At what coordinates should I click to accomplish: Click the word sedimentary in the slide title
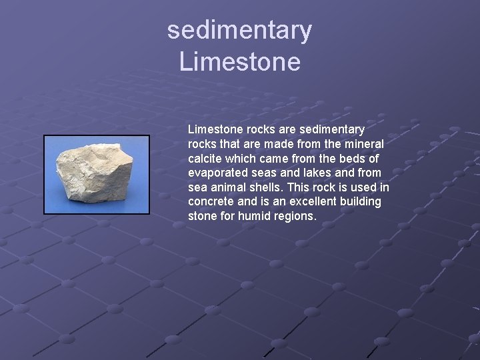[x=239, y=31]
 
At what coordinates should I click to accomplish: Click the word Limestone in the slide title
[x=239, y=62]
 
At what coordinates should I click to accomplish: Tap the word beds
[x=350, y=158]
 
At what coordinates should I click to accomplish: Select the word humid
[x=254, y=216]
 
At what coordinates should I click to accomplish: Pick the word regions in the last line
[x=295, y=216]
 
